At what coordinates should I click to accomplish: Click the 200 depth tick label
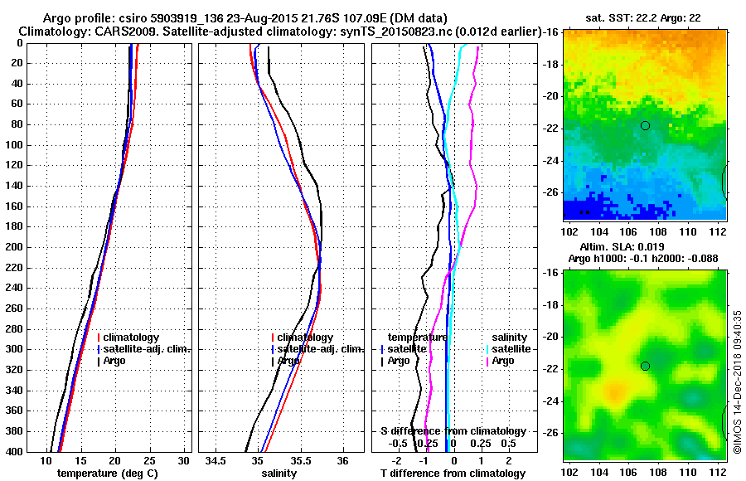click(x=14, y=247)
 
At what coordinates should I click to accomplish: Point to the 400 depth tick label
click(x=14, y=451)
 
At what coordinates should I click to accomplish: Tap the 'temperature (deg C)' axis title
click(x=107, y=474)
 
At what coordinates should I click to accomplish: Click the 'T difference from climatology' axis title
click(x=453, y=474)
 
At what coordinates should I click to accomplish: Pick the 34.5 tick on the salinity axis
click(x=217, y=460)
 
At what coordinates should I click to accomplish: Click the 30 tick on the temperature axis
click(x=184, y=460)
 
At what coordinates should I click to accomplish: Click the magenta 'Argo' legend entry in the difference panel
click(x=505, y=361)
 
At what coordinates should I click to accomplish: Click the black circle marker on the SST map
click(x=645, y=125)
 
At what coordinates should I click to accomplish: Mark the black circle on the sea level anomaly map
click(x=645, y=366)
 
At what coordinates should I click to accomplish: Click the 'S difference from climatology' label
click(x=453, y=431)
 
